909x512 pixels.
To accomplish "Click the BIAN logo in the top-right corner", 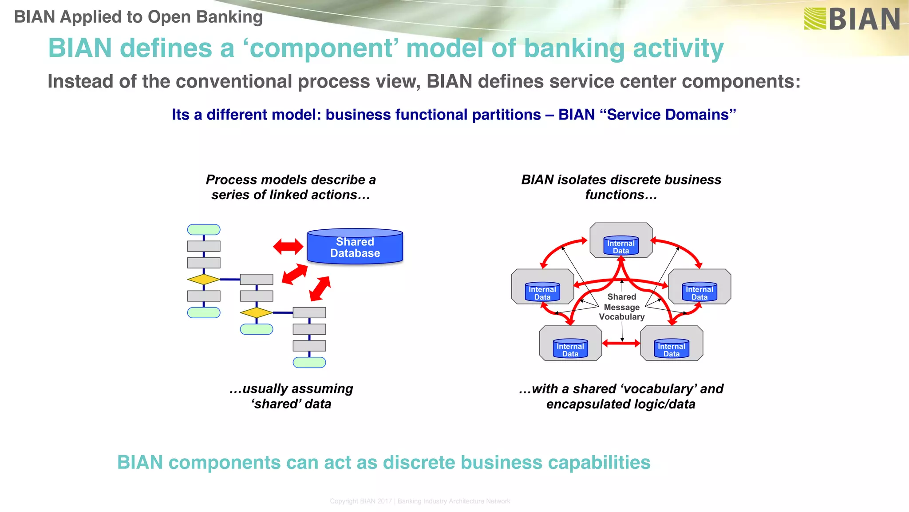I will [851, 19].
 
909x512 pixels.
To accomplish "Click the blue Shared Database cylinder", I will [355, 247].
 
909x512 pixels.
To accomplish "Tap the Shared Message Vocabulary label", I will [621, 307].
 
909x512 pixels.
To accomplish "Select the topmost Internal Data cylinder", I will [620, 246].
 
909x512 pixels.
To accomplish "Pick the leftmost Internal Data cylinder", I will [542, 292].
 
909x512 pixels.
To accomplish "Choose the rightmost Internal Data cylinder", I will [699, 292].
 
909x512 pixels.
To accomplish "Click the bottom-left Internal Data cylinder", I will [570, 349].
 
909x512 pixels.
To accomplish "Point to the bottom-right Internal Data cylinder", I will [671, 349].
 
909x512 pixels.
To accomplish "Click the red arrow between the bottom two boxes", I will [621, 343].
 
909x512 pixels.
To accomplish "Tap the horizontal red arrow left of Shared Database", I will [288, 246].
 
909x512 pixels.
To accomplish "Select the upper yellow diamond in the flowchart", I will [203, 280].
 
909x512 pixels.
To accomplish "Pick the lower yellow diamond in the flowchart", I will [256, 312].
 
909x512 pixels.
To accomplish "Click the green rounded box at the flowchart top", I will [204, 230].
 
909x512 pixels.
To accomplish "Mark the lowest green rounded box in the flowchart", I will [309, 363].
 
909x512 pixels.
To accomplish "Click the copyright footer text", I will [420, 501].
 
